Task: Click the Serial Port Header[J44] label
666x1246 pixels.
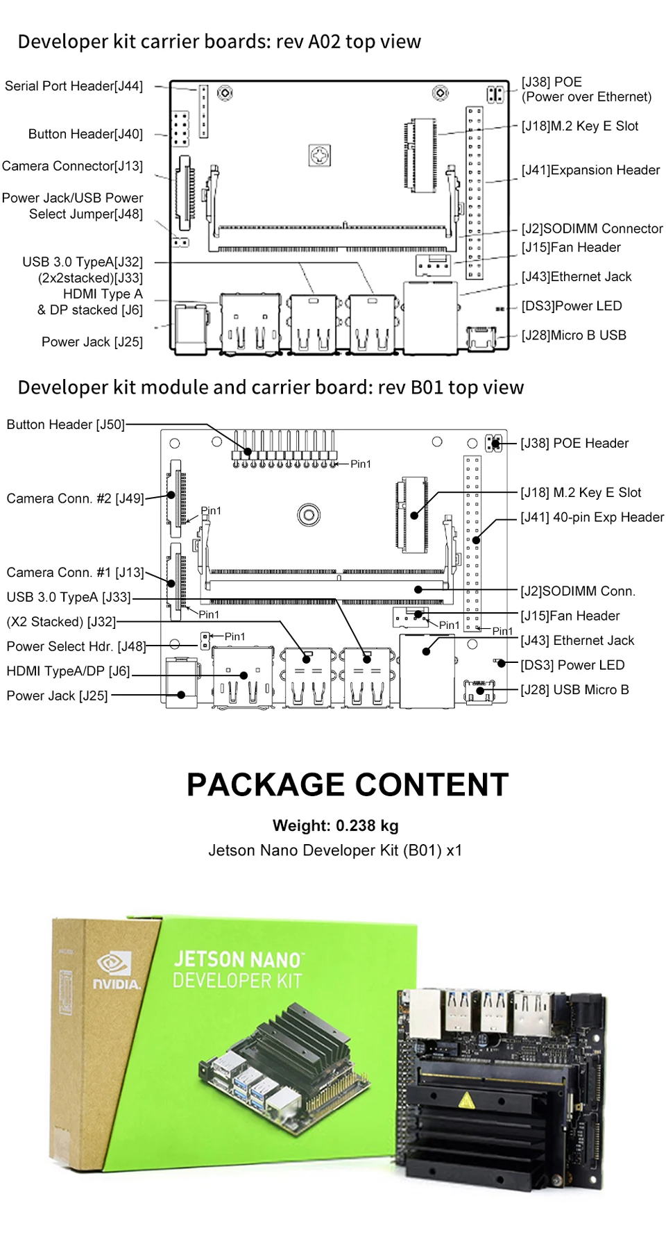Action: click(x=74, y=86)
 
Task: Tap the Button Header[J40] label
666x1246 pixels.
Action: click(x=85, y=134)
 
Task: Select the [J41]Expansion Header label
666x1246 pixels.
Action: click(x=590, y=170)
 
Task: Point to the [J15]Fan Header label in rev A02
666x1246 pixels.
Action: click(x=571, y=248)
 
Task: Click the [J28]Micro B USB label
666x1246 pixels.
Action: click(x=574, y=335)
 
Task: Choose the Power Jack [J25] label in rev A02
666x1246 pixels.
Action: click(x=92, y=342)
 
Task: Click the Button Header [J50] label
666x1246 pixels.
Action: click(x=65, y=425)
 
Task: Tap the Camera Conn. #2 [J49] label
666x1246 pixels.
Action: click(x=75, y=498)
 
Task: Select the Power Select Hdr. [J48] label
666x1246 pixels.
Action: click(x=76, y=646)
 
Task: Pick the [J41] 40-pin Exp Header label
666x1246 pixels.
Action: click(x=592, y=517)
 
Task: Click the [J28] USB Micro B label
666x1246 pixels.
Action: click(x=574, y=690)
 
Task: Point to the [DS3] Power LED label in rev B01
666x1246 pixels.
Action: click(x=572, y=665)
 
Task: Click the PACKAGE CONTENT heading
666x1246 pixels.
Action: click(x=348, y=785)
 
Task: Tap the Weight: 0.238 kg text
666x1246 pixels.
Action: click(x=335, y=825)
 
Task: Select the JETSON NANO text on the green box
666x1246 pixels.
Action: click(x=237, y=959)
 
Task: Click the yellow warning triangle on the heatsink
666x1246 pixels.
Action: click(x=466, y=1100)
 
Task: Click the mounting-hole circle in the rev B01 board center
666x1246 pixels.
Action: click(x=309, y=515)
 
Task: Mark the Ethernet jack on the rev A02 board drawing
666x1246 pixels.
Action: click(x=429, y=317)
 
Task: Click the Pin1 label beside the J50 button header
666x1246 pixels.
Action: click(x=361, y=464)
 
